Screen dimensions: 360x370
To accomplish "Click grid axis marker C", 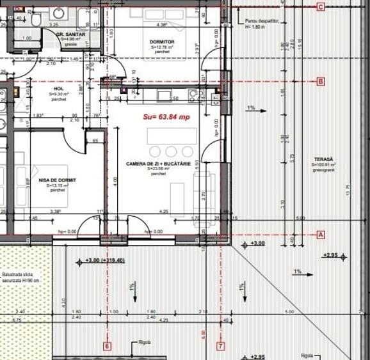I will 321,7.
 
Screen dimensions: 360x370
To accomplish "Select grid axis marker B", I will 321,81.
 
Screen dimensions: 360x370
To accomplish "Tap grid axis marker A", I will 321,235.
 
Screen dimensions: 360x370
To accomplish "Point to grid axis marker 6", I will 107,347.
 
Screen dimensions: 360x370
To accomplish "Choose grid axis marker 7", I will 221,347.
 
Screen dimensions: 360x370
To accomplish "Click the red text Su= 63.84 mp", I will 166,116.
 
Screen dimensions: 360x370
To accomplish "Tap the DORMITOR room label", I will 163,42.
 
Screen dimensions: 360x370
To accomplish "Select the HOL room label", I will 59,90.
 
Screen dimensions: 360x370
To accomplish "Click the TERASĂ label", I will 324,159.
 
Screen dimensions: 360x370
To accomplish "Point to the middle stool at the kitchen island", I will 171,152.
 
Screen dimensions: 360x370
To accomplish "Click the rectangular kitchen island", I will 171,136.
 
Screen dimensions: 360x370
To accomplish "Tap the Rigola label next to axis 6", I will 145,342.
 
